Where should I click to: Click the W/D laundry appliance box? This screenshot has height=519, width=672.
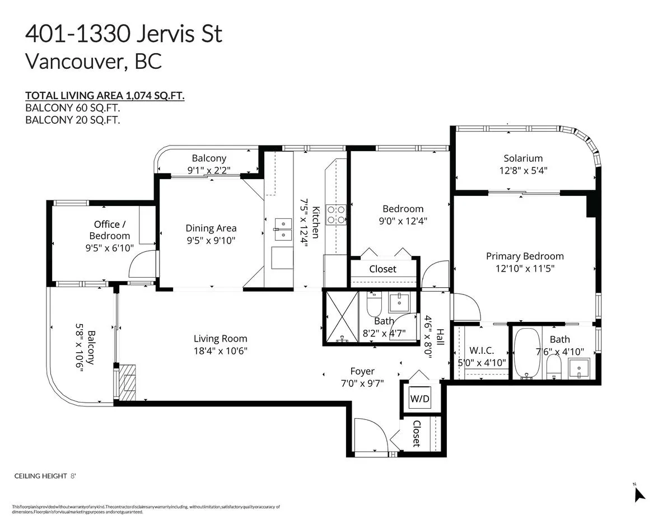[x=419, y=398]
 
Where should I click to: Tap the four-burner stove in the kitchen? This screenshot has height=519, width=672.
[x=336, y=214]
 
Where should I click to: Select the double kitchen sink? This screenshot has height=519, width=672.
[x=283, y=229]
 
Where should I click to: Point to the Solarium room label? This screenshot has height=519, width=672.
[x=523, y=158]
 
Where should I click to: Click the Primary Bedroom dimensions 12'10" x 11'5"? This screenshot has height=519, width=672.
[x=525, y=268]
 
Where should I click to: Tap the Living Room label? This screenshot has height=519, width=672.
[x=221, y=339]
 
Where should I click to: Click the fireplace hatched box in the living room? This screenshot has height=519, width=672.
[x=128, y=382]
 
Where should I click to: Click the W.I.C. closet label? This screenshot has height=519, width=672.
[x=482, y=350]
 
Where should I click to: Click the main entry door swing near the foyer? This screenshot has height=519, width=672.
[x=371, y=435]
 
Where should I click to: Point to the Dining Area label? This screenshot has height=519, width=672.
[x=211, y=228]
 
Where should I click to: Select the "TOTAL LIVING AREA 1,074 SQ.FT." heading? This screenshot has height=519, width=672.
[x=105, y=96]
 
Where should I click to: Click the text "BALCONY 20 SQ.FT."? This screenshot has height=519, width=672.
[x=73, y=120]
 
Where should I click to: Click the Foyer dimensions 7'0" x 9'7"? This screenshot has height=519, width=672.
[x=362, y=384]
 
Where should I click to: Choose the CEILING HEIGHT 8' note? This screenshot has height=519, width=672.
[x=45, y=476]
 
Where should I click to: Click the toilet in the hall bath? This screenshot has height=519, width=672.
[x=374, y=304]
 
